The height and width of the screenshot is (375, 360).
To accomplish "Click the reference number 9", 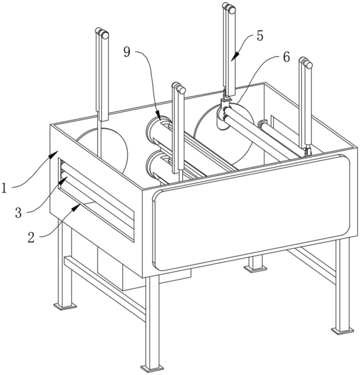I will coord(127,52).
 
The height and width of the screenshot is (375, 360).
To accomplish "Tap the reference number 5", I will coord(260,36).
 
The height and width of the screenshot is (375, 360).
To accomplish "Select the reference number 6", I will coord(286,57).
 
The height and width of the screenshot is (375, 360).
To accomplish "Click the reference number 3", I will coord(18,213).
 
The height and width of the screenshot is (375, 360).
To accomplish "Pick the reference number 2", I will coord(31,237).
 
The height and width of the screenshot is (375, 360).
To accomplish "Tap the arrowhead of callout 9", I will coord(159,117).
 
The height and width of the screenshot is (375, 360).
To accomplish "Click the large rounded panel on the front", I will coord(251,212).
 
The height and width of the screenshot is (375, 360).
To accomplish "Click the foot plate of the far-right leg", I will coord(342,330).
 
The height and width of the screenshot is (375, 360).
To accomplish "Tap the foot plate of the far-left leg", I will coord(65,306).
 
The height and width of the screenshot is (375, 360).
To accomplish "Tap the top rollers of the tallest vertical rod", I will coord(229,8).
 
